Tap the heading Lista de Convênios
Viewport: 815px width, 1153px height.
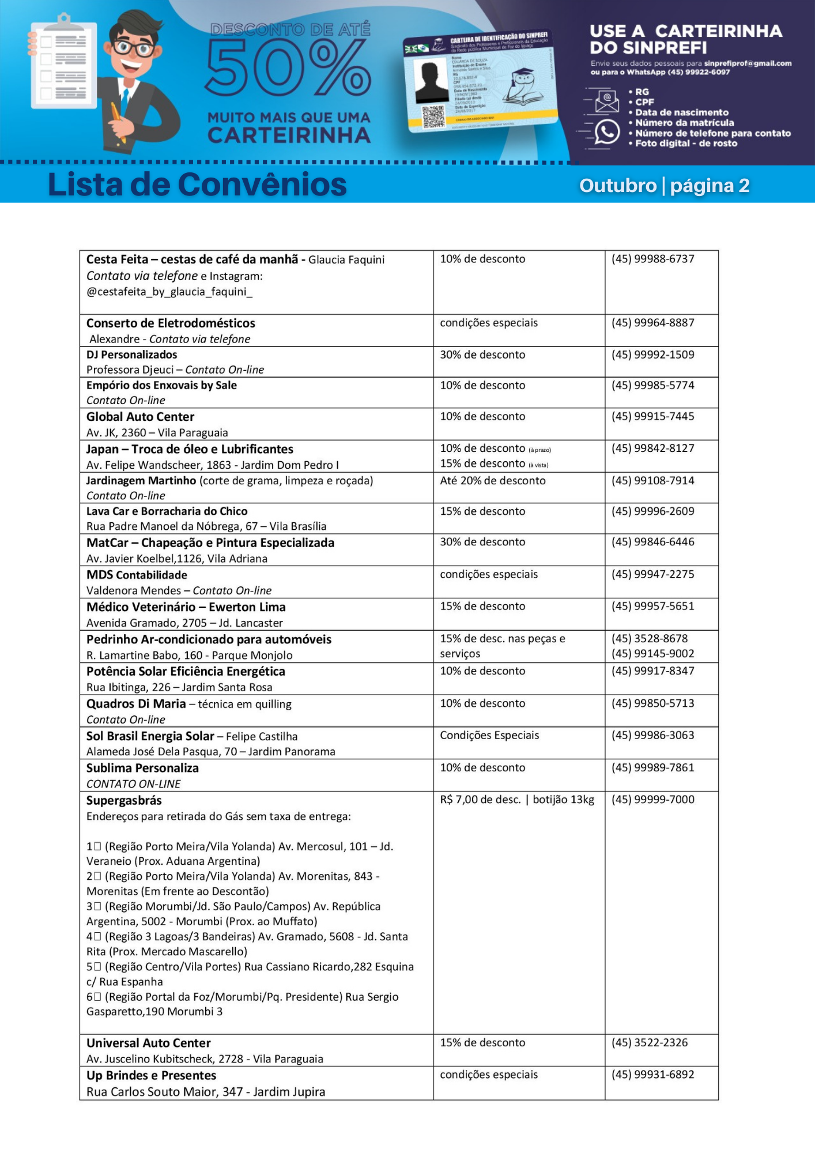click(x=197, y=184)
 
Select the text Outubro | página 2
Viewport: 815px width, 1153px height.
click(x=664, y=186)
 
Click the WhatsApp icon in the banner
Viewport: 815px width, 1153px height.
click(x=606, y=132)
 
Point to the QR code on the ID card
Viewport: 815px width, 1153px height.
click(x=433, y=116)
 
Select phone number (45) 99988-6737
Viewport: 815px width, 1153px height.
click(x=652, y=259)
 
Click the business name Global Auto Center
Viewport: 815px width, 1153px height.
click(x=140, y=417)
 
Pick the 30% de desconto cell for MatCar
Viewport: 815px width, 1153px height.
click(x=482, y=542)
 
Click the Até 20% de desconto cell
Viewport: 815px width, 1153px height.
click(x=492, y=481)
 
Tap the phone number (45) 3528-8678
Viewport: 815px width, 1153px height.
click(x=650, y=638)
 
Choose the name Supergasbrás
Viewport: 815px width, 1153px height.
click(x=124, y=801)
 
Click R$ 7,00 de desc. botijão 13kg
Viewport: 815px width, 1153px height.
click(x=516, y=800)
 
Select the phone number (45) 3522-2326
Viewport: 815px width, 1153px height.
click(x=650, y=1042)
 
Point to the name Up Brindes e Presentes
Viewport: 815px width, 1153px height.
click(x=151, y=1075)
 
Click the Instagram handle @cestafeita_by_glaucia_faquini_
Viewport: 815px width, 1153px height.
click(x=169, y=292)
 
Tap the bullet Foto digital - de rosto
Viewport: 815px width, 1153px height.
click(x=686, y=144)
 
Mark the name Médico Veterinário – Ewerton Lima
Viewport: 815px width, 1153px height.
click(x=186, y=607)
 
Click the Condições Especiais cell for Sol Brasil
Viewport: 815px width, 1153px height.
click(x=489, y=735)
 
